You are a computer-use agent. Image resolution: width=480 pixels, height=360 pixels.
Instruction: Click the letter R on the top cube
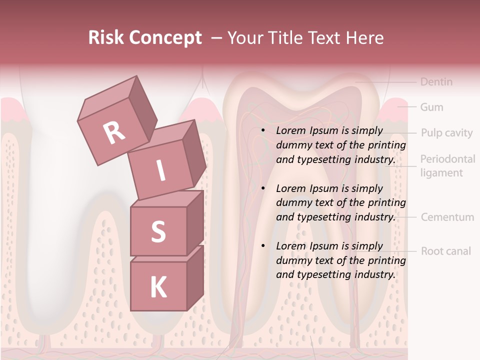[x=114, y=132]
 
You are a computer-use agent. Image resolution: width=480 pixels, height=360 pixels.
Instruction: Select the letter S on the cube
[x=158, y=231]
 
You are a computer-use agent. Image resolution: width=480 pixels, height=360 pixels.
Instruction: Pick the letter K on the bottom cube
[x=158, y=287]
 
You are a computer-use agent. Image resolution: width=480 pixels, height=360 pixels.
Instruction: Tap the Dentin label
[x=436, y=81]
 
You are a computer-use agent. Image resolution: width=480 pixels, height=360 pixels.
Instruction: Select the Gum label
[x=431, y=107]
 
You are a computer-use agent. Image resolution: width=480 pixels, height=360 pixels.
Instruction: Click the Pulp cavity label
[x=446, y=132]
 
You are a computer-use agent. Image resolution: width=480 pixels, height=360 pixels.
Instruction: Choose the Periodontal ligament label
[x=447, y=166]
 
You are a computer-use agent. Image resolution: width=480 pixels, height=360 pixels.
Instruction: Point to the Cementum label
[x=447, y=217]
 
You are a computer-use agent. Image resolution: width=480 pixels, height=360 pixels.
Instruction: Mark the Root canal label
[x=445, y=251]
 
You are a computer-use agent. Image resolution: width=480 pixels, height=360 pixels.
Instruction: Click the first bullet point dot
[x=263, y=131]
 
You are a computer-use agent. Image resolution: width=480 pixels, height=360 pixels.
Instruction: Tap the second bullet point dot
[x=263, y=188]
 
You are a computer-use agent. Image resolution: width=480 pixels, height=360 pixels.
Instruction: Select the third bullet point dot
[x=263, y=246]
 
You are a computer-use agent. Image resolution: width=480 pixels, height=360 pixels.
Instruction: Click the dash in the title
[x=217, y=38]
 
